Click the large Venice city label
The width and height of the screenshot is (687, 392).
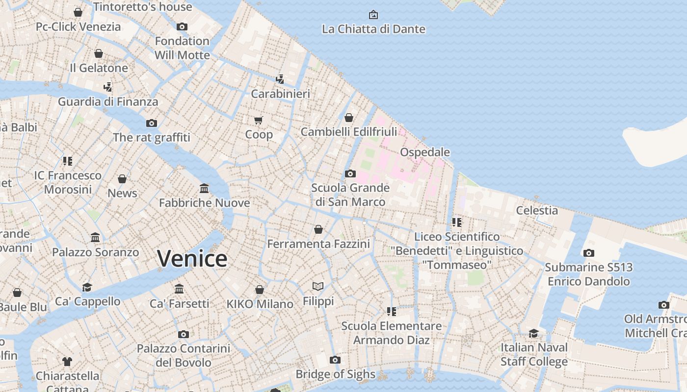(192, 258)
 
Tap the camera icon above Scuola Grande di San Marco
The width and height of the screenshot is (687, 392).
(350, 173)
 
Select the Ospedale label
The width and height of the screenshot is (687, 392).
(425, 152)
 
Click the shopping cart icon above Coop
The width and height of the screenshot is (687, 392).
(259, 120)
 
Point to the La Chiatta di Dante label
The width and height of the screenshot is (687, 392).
(373, 29)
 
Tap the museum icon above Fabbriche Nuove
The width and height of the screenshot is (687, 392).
(204, 188)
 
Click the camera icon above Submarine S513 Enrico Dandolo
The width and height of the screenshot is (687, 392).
(588, 253)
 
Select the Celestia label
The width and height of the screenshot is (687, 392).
(537, 210)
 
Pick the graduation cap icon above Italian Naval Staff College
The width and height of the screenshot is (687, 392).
(533, 333)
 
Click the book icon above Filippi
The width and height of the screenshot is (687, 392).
(318, 286)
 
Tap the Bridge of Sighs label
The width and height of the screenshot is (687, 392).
(335, 374)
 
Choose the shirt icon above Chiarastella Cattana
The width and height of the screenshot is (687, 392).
(67, 362)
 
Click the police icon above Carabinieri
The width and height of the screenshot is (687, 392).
(280, 79)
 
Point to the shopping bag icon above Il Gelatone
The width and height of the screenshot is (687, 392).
(99, 53)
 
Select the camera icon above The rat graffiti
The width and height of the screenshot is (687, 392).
(152, 123)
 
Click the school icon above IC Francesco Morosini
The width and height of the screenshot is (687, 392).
(68, 161)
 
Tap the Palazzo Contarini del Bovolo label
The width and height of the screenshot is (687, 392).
(183, 355)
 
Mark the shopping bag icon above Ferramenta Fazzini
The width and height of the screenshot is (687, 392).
(318, 229)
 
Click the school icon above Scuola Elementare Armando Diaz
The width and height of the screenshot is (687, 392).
(391, 311)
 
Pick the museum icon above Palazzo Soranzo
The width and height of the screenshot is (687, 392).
(95, 238)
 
